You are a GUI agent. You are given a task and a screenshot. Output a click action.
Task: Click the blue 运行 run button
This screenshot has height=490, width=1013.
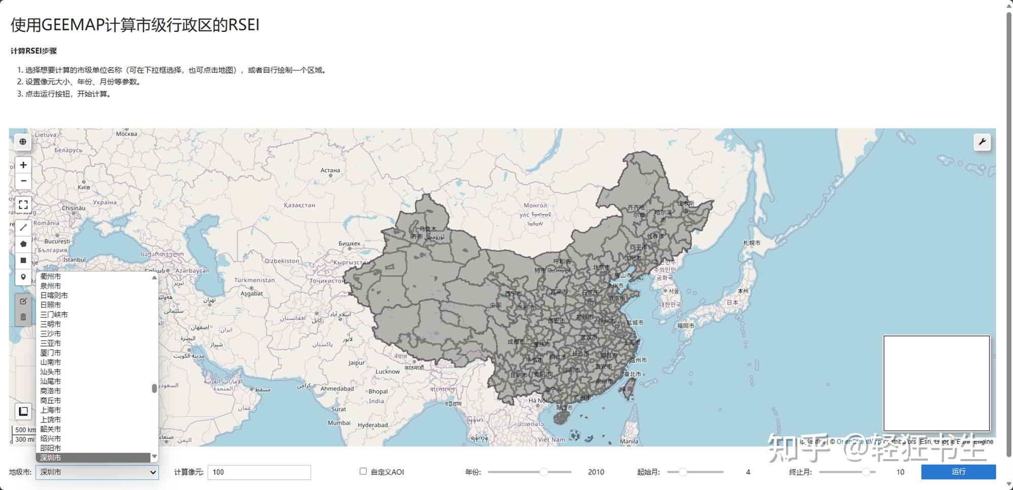tap(958, 472)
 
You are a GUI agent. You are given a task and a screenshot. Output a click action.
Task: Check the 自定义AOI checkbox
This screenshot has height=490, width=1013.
tap(363, 471)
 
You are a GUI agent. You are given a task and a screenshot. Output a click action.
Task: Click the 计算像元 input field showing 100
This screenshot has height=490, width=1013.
tap(259, 472)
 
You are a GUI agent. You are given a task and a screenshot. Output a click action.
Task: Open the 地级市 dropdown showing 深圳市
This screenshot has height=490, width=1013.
tap(97, 472)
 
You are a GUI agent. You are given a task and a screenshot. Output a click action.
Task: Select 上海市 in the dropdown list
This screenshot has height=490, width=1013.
tap(51, 410)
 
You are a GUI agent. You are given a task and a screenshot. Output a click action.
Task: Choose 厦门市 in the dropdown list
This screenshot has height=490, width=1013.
tap(51, 353)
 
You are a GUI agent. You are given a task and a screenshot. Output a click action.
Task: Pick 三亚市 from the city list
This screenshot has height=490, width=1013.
tap(51, 343)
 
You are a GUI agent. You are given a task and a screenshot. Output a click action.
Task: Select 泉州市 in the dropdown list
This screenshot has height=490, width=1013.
tap(51, 286)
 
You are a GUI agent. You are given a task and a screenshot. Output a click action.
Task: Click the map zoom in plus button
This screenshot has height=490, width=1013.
tap(23, 165)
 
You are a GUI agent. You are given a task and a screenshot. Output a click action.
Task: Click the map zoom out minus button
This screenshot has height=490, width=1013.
tap(23, 181)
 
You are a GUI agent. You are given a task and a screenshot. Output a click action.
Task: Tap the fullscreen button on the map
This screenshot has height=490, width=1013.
tap(23, 205)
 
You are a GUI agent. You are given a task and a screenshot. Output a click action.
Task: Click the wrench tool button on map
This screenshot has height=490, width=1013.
tap(982, 142)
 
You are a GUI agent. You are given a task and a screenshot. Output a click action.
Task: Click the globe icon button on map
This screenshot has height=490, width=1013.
tap(23, 142)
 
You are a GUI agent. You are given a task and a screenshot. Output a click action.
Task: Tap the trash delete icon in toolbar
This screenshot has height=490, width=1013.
tap(23, 317)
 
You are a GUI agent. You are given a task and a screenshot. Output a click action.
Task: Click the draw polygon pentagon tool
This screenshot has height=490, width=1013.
tap(23, 244)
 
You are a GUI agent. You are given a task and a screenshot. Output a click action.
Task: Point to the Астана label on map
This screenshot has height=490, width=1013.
tap(330, 170)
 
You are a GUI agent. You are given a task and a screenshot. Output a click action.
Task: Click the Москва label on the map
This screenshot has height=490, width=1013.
tap(126, 134)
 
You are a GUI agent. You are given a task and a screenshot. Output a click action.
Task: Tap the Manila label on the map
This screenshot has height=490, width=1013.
tap(629, 441)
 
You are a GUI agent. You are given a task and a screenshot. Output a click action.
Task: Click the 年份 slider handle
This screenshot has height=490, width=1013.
tap(543, 472)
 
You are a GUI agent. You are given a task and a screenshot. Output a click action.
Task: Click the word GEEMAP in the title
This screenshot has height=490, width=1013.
tap(73, 25)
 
